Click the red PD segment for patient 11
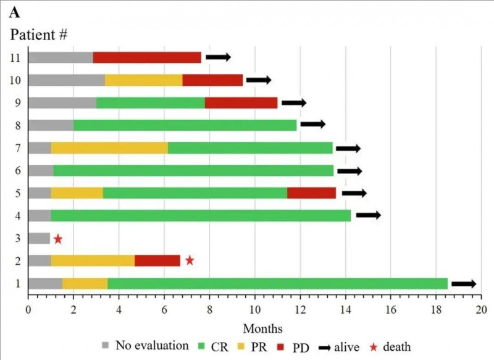click(147, 57)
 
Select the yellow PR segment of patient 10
click(143, 80)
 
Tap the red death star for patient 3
click(57, 238)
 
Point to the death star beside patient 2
click(190, 261)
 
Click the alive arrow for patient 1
click(464, 283)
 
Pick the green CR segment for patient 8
click(185, 125)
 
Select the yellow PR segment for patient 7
click(109, 148)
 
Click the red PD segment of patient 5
click(311, 193)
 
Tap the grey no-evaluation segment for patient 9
click(62, 103)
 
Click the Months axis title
click(262, 328)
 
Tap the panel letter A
click(13, 12)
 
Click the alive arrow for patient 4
click(368, 216)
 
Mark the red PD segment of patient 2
click(157, 261)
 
